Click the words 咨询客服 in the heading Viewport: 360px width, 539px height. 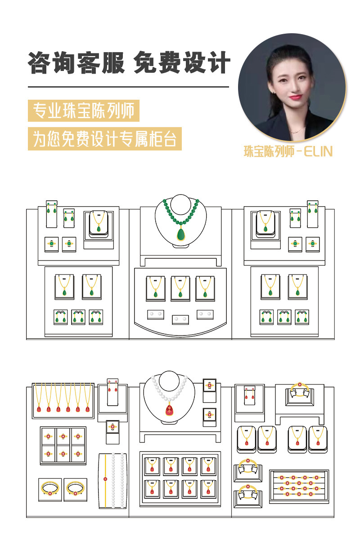(76, 62)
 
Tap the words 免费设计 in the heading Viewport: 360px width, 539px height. (182, 62)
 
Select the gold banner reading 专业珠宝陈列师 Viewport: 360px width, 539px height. (84, 111)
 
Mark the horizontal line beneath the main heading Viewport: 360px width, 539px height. (128, 87)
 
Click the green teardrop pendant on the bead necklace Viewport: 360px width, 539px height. (180, 234)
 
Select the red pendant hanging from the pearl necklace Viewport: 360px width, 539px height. (170, 410)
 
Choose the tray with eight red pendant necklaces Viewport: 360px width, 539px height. (180, 477)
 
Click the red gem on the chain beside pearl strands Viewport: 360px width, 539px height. (105, 479)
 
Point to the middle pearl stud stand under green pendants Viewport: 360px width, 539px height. (180, 319)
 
